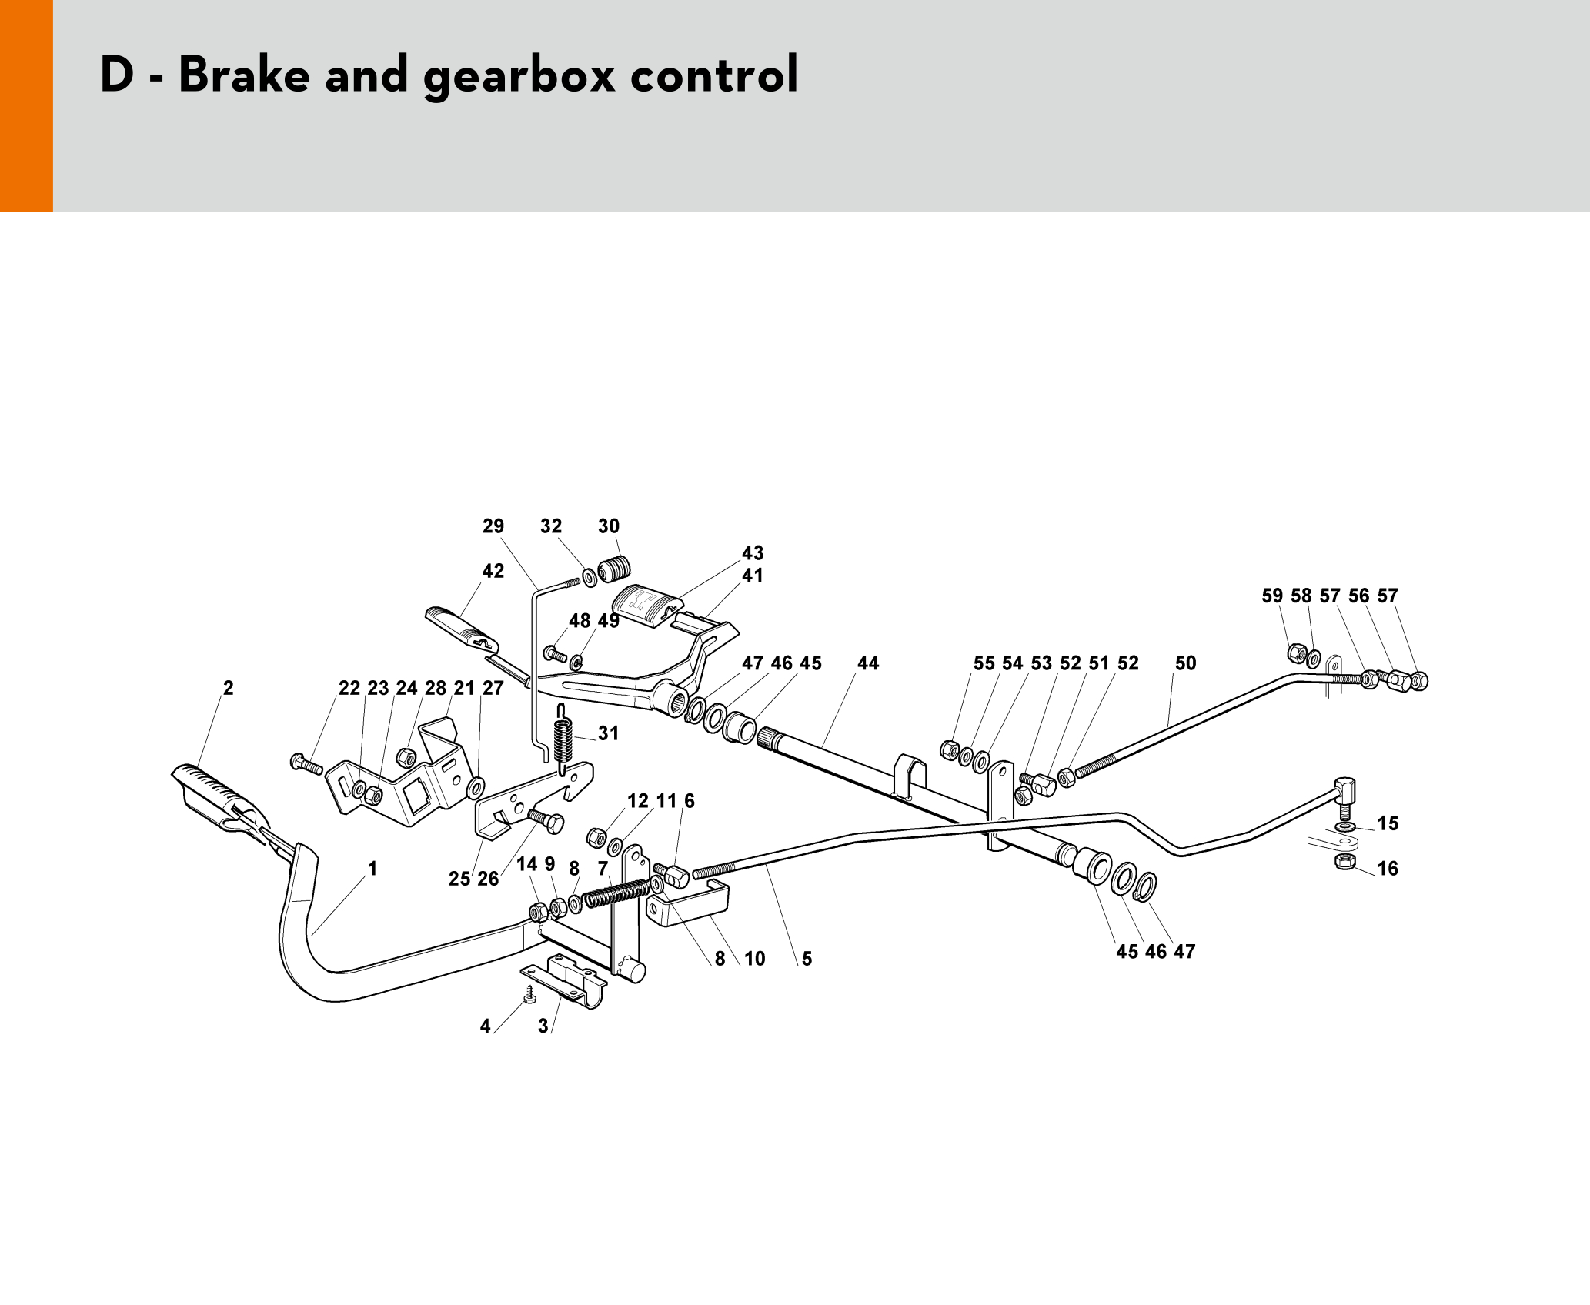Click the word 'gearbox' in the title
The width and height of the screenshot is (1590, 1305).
pyautogui.click(x=519, y=75)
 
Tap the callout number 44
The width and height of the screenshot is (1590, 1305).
pyautogui.click(x=867, y=663)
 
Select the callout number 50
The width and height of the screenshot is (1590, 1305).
pyautogui.click(x=1185, y=663)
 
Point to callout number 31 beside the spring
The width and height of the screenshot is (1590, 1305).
pyautogui.click(x=608, y=733)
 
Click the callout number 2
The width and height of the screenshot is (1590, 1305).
pyautogui.click(x=228, y=688)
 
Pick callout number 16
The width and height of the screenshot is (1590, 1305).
pyautogui.click(x=1387, y=869)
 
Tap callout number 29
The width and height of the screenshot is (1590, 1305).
pyautogui.click(x=493, y=526)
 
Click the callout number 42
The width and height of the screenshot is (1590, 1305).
pyautogui.click(x=493, y=571)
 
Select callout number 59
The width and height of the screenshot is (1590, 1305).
pyautogui.click(x=1271, y=596)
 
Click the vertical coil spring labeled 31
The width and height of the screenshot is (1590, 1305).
pyautogui.click(x=563, y=742)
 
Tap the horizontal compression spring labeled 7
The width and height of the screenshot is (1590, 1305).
pyautogui.click(x=616, y=893)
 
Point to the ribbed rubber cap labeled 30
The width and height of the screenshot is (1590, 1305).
pyautogui.click(x=615, y=569)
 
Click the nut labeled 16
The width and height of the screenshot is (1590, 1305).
pyautogui.click(x=1344, y=861)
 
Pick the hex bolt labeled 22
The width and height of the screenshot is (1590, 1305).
pyautogui.click(x=306, y=764)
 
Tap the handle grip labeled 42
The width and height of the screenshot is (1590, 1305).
pyautogui.click(x=460, y=627)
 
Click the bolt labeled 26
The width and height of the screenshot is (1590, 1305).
pyautogui.click(x=546, y=820)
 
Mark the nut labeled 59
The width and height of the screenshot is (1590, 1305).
pyautogui.click(x=1297, y=653)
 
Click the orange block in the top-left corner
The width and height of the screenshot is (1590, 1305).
pyautogui.click(x=26, y=105)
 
